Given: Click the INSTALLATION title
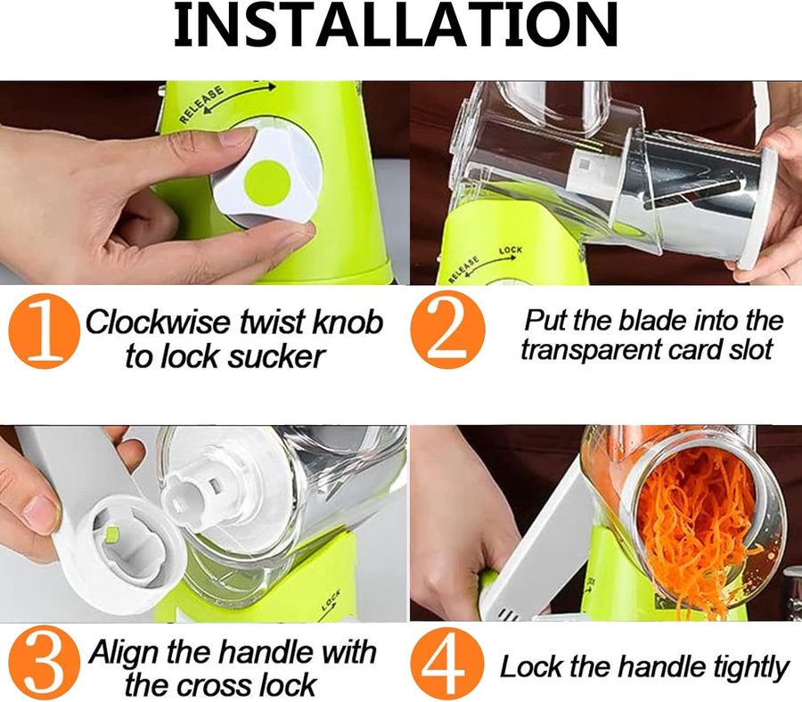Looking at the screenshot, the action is (396, 25).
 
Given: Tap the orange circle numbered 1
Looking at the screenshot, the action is (45, 331).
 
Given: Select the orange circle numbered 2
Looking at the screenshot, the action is (447, 330).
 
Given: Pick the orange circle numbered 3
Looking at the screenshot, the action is (45, 663).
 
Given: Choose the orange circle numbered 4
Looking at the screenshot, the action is (447, 665).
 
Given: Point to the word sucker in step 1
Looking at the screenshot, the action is (276, 355).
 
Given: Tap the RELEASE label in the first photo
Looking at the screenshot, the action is (202, 105).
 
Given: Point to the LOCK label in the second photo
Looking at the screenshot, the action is (511, 250).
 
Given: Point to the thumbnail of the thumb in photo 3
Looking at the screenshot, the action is (37, 510).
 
